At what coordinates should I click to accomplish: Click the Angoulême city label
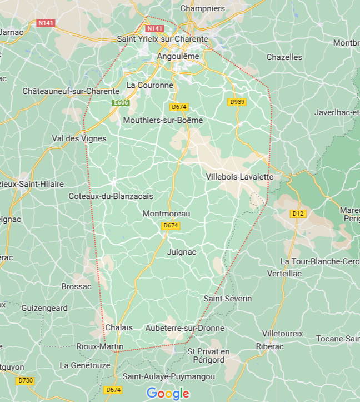[x=178, y=56]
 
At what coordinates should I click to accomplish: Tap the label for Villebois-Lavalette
[x=239, y=177]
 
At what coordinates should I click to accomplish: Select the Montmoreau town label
[x=166, y=214]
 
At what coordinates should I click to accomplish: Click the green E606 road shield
[x=121, y=102]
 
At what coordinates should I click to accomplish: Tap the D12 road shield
[x=298, y=214]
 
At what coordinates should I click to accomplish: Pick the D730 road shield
[x=25, y=380]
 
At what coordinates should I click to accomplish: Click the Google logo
[x=168, y=394]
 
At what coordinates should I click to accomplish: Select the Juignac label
[x=182, y=252]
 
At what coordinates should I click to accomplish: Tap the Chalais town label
[x=119, y=327]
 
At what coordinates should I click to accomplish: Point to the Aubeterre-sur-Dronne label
[x=184, y=328]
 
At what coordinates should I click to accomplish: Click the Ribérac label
[x=269, y=346]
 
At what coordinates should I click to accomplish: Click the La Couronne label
[x=149, y=85]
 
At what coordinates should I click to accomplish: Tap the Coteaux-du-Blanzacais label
[x=111, y=196]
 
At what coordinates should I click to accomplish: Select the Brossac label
[x=76, y=286]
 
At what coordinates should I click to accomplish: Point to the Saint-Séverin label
[x=227, y=299]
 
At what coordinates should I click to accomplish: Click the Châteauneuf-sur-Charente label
[x=71, y=91]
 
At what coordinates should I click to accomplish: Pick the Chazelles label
[x=284, y=57]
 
